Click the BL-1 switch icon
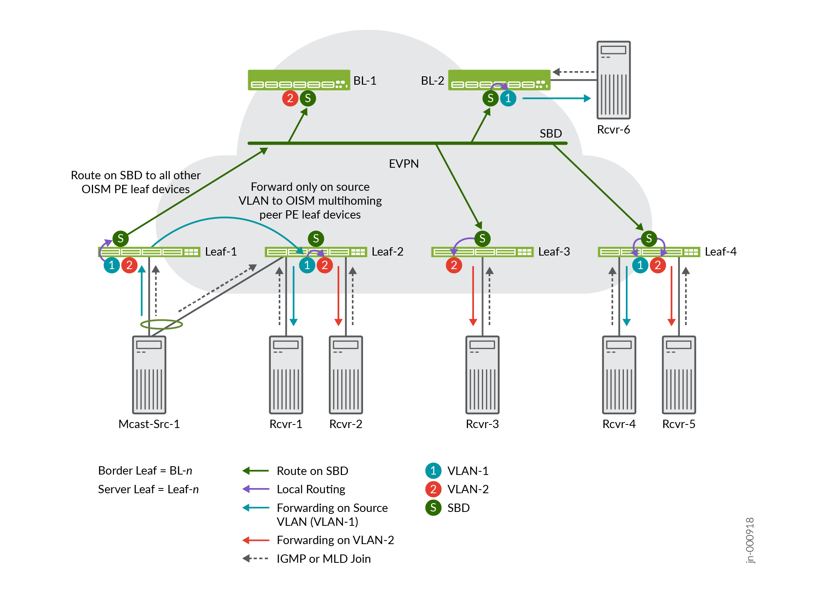(299, 80)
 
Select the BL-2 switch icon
(499, 80)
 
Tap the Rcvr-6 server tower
(613, 80)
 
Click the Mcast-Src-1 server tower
(149, 375)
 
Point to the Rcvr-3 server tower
(482, 375)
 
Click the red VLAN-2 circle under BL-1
(290, 98)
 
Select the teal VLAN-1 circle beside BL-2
(508, 98)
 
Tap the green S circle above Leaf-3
(482, 238)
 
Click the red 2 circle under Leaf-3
(454, 265)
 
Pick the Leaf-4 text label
(720, 252)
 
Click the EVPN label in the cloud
(404, 164)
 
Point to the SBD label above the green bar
(551, 134)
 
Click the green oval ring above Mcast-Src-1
(161, 324)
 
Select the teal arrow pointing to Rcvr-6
(557, 98)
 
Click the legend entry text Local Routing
(311, 489)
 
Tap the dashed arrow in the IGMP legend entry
(255, 558)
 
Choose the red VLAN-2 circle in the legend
(433, 489)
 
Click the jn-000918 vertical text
(750, 540)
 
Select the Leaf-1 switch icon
(149, 252)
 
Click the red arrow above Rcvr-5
(672, 296)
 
